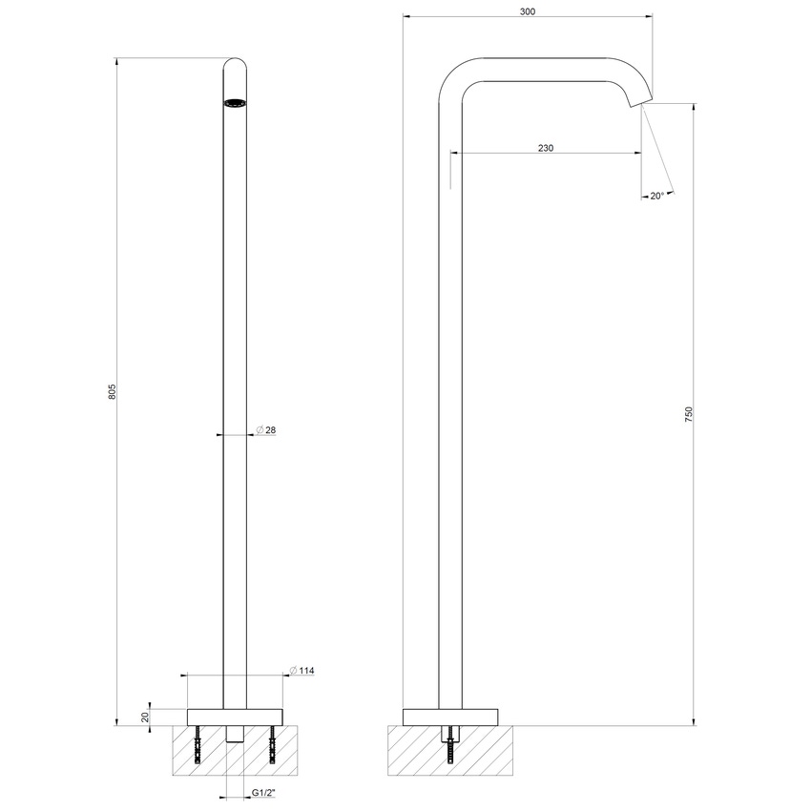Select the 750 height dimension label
pos(688,414)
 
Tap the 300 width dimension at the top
pos(528,11)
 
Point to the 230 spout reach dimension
pos(545,148)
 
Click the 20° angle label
pos(656,196)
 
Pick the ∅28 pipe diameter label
pos(266,431)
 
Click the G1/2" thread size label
pos(264,794)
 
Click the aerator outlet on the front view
pos(235,102)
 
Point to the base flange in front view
pos(236,717)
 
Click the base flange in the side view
pos(451,717)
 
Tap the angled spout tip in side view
pos(641,97)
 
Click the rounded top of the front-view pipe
pos(235,65)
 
